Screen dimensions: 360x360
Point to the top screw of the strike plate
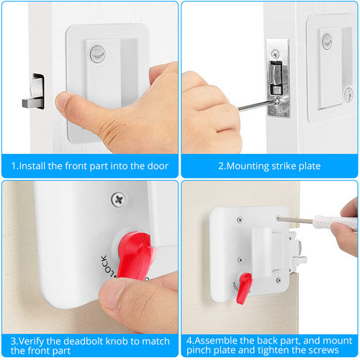coord(277,53)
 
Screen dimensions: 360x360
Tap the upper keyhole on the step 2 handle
coord(327,40)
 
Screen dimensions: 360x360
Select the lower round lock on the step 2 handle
coord(348,94)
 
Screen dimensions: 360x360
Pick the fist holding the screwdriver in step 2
coord(209,112)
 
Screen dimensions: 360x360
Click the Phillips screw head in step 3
coord(118,200)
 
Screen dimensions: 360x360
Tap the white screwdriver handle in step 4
coord(335,222)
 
